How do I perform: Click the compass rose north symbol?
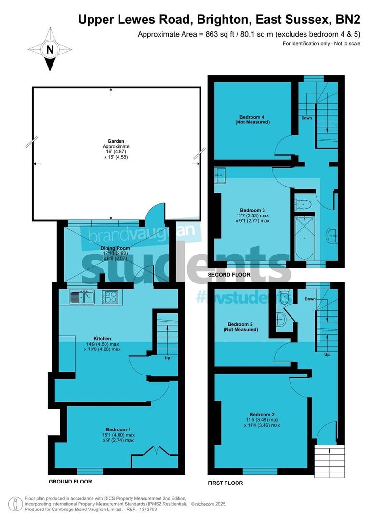click(x=49, y=50)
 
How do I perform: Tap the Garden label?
click(x=116, y=142)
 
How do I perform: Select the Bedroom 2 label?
click(x=262, y=414)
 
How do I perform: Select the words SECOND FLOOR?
click(x=229, y=275)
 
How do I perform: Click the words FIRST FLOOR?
click(x=225, y=483)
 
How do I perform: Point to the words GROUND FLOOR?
click(x=70, y=482)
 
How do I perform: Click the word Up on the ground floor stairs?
click(x=167, y=358)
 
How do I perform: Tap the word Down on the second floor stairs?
click(x=306, y=118)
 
